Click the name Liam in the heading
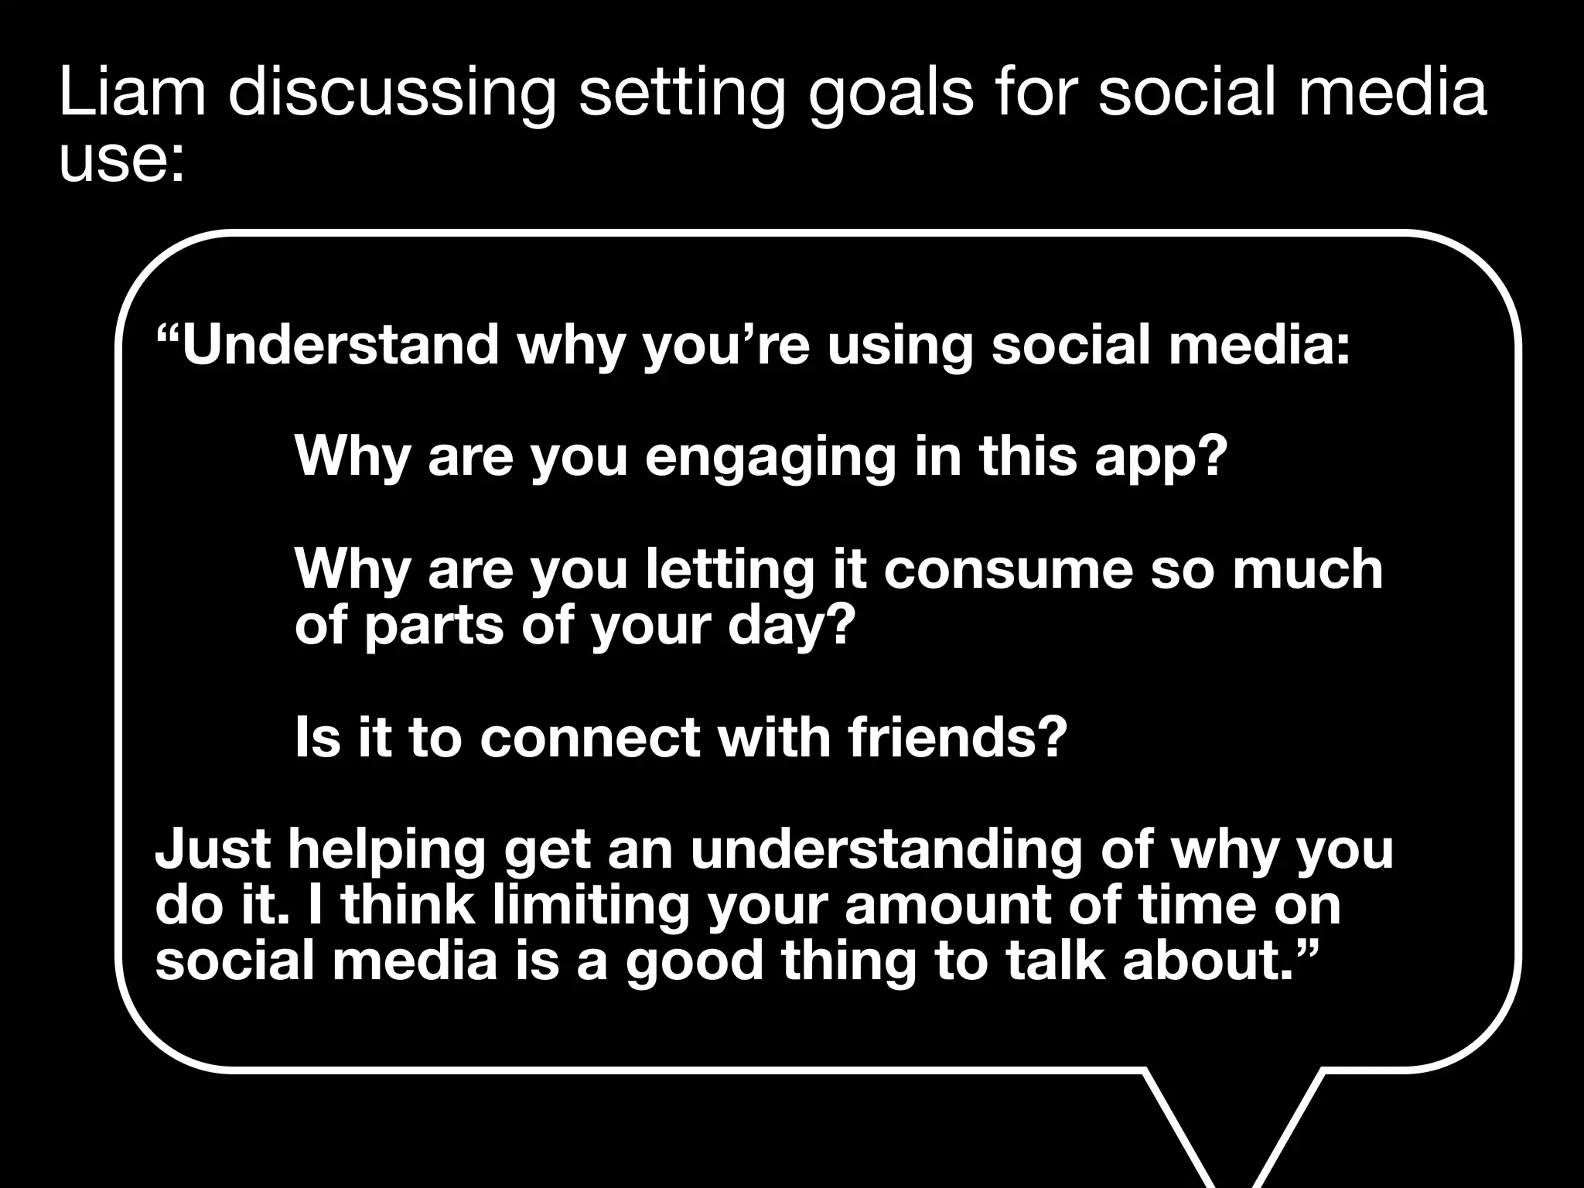click(132, 93)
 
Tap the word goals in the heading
click(890, 94)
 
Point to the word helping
click(387, 850)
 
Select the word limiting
click(590, 905)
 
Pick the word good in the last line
click(695, 962)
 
